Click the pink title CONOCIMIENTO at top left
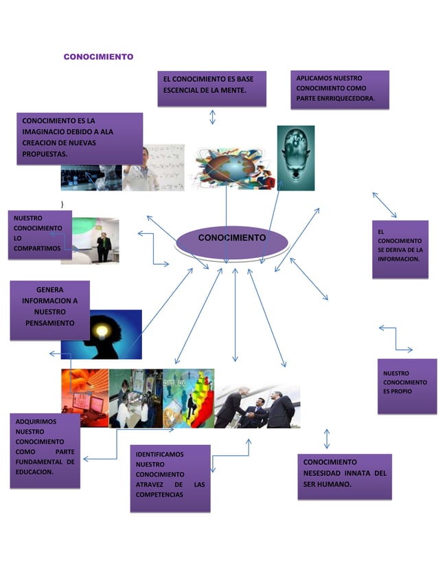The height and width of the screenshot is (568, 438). coord(98,56)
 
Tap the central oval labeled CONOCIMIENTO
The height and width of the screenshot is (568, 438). coord(231,239)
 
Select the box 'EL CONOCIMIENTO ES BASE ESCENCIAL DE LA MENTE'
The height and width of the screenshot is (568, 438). coord(211,87)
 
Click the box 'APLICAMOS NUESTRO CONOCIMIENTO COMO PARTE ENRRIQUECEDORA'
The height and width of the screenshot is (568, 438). coord(339,89)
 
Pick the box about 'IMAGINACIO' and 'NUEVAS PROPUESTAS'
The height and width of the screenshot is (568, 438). coord(80,138)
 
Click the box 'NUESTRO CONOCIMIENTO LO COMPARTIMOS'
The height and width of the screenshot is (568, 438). coord(36,234)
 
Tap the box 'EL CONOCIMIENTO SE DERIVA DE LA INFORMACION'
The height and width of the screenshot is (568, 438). coord(400,249)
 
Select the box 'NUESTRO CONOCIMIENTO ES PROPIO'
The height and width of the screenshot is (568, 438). coord(406,385)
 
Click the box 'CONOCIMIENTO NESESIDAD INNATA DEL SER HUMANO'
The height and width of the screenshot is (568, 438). coord(345,475)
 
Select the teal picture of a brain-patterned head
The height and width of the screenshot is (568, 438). coord(296,157)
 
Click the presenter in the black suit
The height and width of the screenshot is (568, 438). coord(104,245)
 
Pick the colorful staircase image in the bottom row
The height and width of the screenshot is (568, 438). coord(189,398)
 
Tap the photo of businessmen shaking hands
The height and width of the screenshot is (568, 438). coord(257,407)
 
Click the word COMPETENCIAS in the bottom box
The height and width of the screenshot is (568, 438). coord(159,494)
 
